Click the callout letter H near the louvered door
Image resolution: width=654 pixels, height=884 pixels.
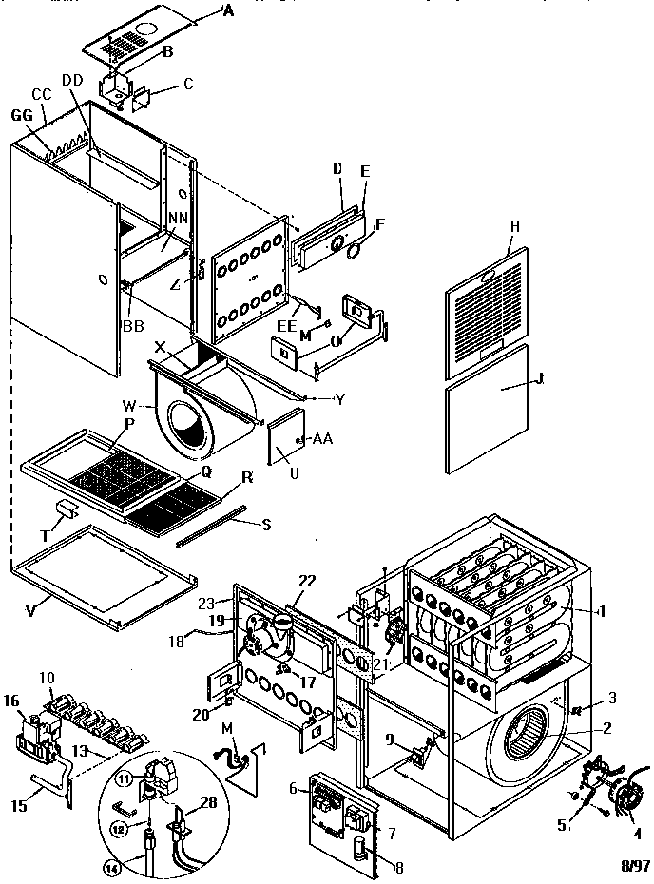pos(514,226)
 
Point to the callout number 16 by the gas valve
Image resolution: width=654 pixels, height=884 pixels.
pos(10,701)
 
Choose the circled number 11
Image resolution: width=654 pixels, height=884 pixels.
pos(125,778)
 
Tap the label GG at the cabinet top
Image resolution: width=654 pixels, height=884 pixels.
pos(18,113)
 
